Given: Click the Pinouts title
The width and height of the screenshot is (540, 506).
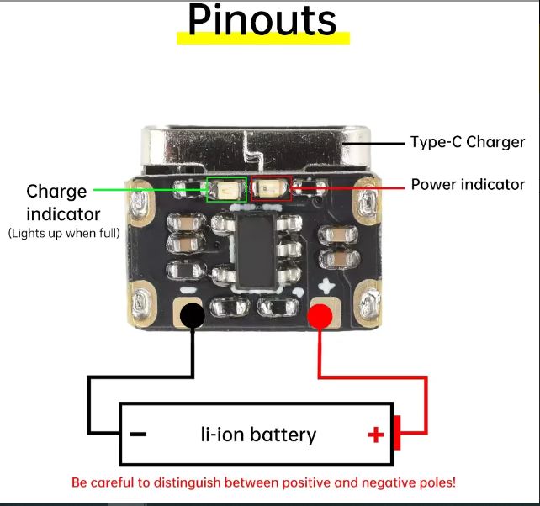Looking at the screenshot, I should coord(262,20).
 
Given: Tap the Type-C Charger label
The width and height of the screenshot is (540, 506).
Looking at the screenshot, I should coord(467,142).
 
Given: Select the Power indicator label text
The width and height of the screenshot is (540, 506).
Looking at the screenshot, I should coord(467,184).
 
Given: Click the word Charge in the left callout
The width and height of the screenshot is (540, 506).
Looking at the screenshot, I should coord(56,192).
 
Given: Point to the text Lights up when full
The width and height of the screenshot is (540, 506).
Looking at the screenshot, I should coord(64,232).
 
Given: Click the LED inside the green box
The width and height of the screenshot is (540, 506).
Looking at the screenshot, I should coord(225,189).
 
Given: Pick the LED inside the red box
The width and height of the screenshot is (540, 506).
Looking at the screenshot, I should coord(270,188).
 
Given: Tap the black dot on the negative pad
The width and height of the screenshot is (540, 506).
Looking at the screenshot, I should coord(193,315).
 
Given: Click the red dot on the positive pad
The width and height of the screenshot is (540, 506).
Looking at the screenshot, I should coord(320,316).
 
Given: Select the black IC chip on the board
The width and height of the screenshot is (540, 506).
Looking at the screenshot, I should coord(259,250).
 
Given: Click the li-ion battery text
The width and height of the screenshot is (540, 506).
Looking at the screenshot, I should coord(258,435).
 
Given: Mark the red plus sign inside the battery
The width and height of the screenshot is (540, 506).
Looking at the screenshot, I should coord(375,435).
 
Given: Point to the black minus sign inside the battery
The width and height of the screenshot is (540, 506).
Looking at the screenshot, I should coord(139,435).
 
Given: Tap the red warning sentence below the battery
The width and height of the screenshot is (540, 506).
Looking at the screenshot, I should coord(263,483).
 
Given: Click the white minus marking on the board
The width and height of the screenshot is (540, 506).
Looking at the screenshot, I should coord(191,287).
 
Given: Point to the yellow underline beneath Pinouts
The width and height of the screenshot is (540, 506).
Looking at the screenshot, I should coord(262,38).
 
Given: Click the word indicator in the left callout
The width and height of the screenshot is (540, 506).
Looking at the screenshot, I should coord(64,213).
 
